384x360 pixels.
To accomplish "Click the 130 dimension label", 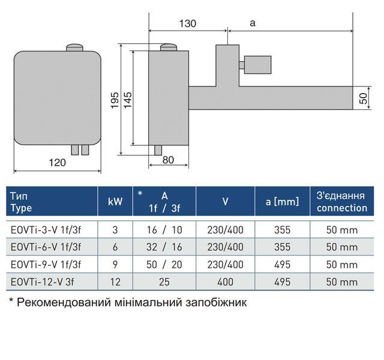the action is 188,23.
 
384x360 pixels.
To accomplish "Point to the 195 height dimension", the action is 115,100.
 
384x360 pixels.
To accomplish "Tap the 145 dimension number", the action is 128,100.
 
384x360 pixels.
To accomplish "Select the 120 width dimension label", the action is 58,163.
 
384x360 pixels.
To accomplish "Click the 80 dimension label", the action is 168,160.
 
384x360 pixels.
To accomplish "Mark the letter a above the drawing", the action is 253,23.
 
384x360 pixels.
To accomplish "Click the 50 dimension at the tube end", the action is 364,98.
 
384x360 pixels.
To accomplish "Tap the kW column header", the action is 115,202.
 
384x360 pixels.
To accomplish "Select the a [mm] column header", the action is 283,202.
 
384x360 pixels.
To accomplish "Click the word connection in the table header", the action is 342,208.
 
